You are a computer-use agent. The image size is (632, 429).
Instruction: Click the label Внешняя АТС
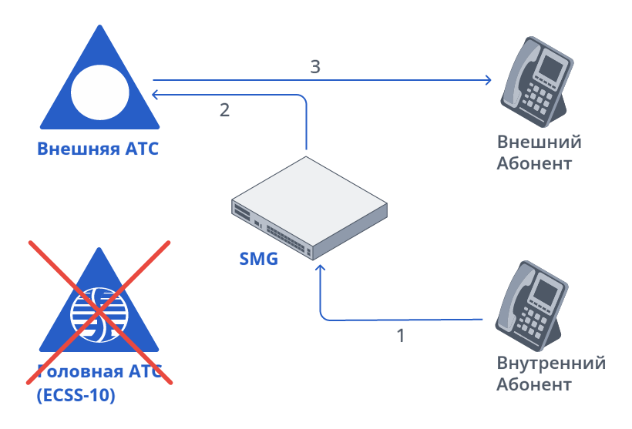click(98, 149)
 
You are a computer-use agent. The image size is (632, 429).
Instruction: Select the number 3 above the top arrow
click(314, 67)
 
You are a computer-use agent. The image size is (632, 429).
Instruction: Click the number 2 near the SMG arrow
click(224, 110)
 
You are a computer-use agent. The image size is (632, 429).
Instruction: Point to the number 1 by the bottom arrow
click(400, 335)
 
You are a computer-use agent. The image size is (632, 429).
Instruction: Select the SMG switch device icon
click(309, 208)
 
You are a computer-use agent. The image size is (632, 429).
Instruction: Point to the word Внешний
click(539, 142)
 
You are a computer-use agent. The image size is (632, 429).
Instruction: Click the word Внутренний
click(551, 364)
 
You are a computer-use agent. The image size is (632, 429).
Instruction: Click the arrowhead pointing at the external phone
click(487, 79)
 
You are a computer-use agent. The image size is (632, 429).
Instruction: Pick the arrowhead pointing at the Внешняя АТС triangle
click(156, 95)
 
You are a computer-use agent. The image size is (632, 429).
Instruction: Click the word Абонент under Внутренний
click(534, 384)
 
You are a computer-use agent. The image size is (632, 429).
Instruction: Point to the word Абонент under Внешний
click(534, 163)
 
